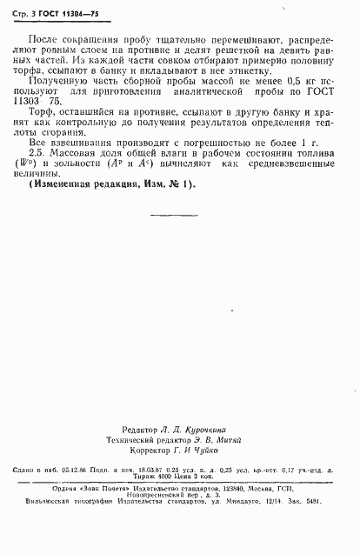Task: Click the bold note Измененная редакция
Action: click(x=92, y=210)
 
